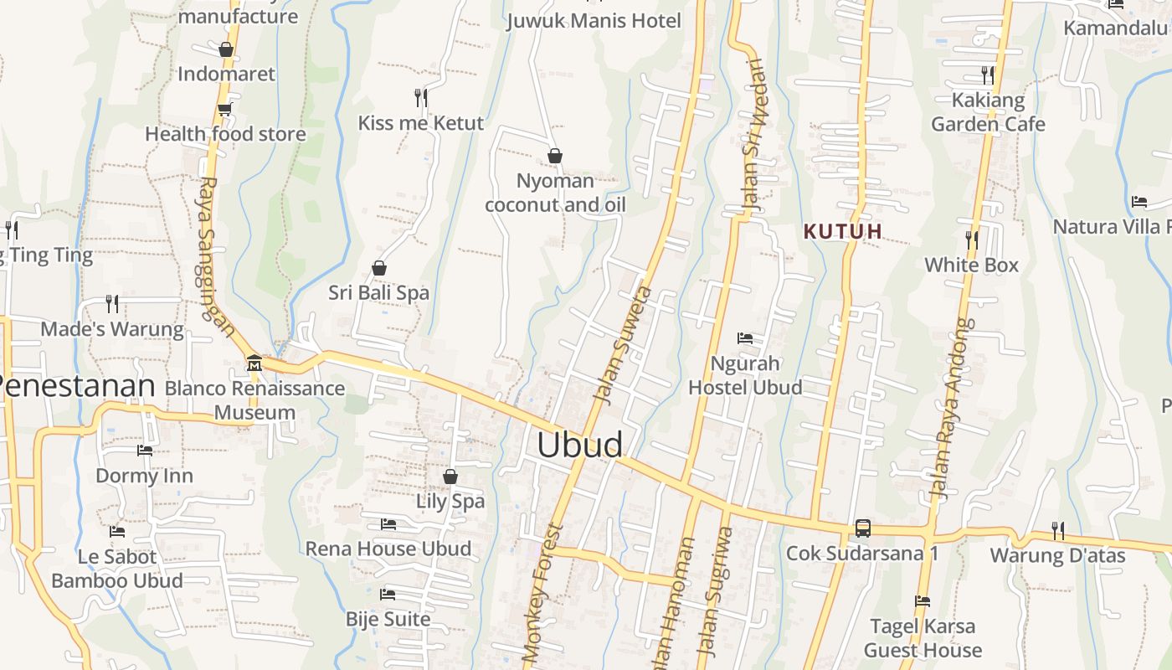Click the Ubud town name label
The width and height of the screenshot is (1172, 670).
pos(579,445)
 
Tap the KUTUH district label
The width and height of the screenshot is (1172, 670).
pos(843,231)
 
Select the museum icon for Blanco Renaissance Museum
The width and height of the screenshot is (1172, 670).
pos(254,363)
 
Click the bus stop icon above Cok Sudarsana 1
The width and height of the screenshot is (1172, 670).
pos(862,528)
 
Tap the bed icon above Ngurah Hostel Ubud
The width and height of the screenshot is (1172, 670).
pos(745,338)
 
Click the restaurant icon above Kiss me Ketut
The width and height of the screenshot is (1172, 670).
pos(421,98)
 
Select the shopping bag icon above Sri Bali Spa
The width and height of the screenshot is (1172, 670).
pos(379,268)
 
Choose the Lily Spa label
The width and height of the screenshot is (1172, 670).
pos(450,501)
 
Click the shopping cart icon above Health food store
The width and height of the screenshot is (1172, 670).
pos(224,109)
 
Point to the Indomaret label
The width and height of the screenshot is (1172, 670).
pos(226,74)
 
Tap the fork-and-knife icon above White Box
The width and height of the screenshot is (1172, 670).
pos(971,240)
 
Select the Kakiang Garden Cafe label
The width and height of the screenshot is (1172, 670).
pos(988,112)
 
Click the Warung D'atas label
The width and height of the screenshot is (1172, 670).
pos(1057,555)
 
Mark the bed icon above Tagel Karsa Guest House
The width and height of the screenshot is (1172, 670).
pos(923,601)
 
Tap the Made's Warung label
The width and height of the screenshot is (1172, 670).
pos(112,329)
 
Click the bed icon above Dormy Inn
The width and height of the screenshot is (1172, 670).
pos(145,451)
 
